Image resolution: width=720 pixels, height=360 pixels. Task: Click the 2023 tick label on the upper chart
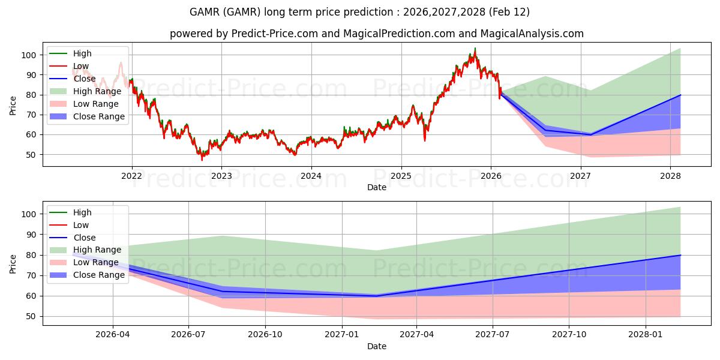[x=221, y=176]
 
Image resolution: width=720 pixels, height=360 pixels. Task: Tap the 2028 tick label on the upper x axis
[x=670, y=176]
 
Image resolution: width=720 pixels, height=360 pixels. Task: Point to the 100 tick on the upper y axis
[x=30, y=55]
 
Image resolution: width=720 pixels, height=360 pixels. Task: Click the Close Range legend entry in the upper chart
[x=99, y=116]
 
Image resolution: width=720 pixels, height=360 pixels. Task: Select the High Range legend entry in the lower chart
[x=97, y=250]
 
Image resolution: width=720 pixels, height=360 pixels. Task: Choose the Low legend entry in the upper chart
[x=81, y=66]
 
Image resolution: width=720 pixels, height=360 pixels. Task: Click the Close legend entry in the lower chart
[x=83, y=238]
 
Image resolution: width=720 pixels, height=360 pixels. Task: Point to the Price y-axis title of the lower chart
[x=13, y=263]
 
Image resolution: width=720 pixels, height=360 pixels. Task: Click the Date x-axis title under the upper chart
[x=377, y=187]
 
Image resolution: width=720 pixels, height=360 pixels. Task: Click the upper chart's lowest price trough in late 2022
[x=202, y=159]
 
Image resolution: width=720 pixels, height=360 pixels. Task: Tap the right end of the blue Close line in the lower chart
[x=680, y=255]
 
